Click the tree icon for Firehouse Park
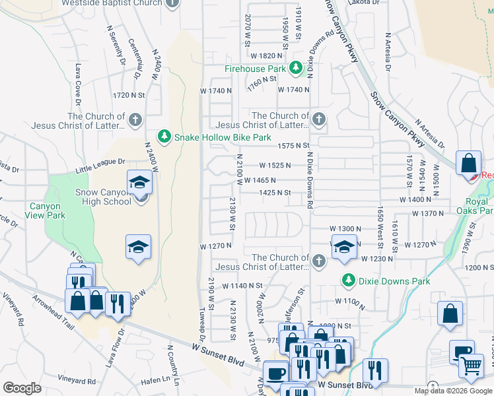[297, 68]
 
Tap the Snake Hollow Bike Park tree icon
[164, 137]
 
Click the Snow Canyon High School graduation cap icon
[139, 183]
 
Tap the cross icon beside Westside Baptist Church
[172, 3]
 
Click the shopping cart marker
[471, 365]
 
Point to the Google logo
[22, 387]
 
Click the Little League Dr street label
[100, 166]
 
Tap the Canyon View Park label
[47, 211]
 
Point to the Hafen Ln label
[155, 381]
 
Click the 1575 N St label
[294, 145]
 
